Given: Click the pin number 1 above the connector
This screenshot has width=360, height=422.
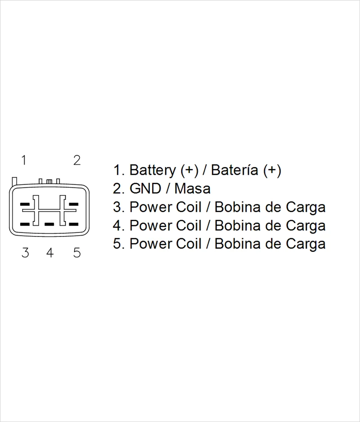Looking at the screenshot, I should coord(25,160).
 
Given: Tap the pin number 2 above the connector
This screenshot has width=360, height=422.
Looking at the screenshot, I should coord(77,160).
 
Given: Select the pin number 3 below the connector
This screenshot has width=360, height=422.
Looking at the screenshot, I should coord(25,253).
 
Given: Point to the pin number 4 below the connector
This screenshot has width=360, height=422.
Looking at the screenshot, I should coord(50,253).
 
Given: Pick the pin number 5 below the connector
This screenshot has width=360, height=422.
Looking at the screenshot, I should coord(77,253).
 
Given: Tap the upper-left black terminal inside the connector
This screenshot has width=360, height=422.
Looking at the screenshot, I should coord(25,204).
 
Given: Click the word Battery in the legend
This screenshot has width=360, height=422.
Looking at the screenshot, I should coord(153,171).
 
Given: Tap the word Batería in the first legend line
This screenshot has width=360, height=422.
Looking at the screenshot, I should coord(234,171).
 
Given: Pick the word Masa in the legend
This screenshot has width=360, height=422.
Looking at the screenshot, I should coord(193,189).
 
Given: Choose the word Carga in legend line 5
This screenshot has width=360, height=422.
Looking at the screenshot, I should coord(306,244).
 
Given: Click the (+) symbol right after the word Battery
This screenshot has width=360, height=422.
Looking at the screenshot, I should coord(189,171).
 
